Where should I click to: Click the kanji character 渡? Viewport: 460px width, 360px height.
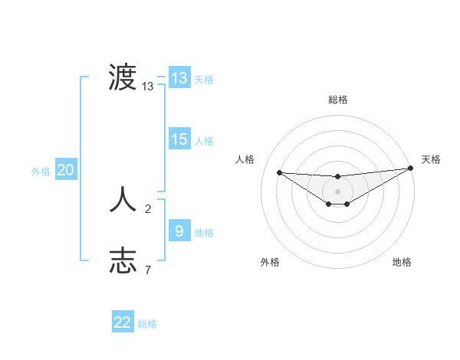pos(123,77)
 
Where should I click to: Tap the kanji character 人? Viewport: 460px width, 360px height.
pos(123,201)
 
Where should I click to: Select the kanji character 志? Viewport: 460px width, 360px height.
pos(123,260)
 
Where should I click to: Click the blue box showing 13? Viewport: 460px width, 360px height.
pos(179,78)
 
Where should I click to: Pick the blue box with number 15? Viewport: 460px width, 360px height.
pos(179,139)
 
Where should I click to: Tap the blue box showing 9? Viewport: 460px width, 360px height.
pos(179,231)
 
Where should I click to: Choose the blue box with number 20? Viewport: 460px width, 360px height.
pos(65,170)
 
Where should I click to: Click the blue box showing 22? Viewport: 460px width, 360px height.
pos(123,322)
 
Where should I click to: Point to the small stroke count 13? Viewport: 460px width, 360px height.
pos(148,87)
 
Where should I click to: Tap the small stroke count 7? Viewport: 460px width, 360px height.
pos(148,270)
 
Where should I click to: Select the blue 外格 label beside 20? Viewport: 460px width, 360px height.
pos(41,172)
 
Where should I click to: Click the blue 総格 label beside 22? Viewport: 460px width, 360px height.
pos(147,324)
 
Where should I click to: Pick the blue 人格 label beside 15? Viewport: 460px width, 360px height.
pos(204,141)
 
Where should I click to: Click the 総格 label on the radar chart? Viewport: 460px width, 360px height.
pos(337,100)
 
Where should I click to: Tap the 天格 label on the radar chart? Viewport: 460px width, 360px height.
pos(431,159)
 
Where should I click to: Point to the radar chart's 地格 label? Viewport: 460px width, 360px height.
pos(402,263)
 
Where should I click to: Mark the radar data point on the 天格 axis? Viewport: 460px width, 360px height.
pos(411,168)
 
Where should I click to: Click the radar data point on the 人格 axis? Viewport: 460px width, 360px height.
pos(279,172)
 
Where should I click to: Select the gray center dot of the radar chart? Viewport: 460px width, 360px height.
pos(337,191)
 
